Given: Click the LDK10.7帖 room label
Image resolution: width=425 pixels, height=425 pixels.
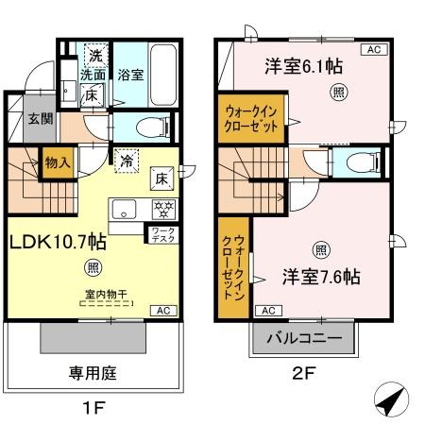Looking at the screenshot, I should click(x=58, y=242).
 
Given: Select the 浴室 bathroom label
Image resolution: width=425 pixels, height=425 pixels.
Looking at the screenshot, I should click(x=130, y=75).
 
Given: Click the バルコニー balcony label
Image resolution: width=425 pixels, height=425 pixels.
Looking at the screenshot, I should click(x=302, y=336).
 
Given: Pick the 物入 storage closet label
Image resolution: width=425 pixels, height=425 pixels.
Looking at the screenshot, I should click(x=58, y=162).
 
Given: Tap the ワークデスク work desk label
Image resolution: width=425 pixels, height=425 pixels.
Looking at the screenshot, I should click(x=159, y=234).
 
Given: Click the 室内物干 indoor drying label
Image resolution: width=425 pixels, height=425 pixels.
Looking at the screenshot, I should click(x=107, y=294).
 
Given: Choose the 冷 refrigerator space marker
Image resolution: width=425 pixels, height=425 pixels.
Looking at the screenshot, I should click(x=126, y=160).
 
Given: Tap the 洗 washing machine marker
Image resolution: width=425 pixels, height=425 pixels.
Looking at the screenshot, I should click(x=96, y=54).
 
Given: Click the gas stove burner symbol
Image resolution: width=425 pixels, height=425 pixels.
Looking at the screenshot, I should click(x=161, y=206).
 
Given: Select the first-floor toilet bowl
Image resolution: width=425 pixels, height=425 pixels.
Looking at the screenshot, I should click(x=150, y=127).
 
